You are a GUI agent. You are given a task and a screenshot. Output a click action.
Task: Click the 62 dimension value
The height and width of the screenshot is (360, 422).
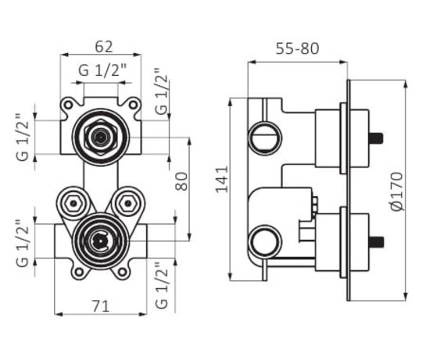coord(104,47)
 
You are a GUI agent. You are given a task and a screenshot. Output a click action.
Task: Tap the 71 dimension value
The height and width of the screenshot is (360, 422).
coord(101,306)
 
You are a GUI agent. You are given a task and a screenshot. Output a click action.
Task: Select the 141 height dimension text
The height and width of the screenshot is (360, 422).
coord(222,180)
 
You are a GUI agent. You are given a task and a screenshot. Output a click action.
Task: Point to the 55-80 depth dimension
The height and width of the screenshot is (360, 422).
coord(298,48)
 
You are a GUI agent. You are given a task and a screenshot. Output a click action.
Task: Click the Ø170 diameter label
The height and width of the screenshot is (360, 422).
coord(397,191)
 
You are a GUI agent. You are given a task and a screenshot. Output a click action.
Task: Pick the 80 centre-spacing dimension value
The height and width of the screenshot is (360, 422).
coord(181,181)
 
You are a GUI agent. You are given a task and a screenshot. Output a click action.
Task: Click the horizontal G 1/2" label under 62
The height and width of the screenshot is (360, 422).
coord(102,70)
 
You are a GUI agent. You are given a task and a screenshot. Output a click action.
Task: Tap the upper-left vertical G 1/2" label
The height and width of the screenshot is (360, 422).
coord(23,137)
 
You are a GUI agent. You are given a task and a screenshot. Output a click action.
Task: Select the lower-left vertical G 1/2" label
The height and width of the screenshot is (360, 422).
coord(23,243)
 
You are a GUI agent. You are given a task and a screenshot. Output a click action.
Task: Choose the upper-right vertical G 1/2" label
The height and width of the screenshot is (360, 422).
coord(161,91)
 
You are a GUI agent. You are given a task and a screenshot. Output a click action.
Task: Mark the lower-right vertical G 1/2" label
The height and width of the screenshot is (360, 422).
coord(162,285)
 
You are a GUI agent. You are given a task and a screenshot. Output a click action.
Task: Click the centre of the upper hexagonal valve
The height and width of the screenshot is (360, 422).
coord(101,137)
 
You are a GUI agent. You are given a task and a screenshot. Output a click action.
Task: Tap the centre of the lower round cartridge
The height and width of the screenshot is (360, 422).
coord(100,241)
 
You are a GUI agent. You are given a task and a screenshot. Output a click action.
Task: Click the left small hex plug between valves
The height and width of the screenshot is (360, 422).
coord(73,203)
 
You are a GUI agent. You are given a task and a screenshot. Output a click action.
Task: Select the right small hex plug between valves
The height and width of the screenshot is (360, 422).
coord(127,203)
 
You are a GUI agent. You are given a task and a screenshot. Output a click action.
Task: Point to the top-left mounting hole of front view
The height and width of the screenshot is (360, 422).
coord(68,105)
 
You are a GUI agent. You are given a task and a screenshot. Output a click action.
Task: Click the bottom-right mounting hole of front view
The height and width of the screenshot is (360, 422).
coord(122,272)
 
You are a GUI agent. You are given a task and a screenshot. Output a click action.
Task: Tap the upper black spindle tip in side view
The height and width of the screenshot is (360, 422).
coord(377,138)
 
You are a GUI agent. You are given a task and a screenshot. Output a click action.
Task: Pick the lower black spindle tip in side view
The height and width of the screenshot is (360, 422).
coord(377,242)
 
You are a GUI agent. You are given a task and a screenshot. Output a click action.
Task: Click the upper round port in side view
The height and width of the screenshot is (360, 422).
coord(265,138)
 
